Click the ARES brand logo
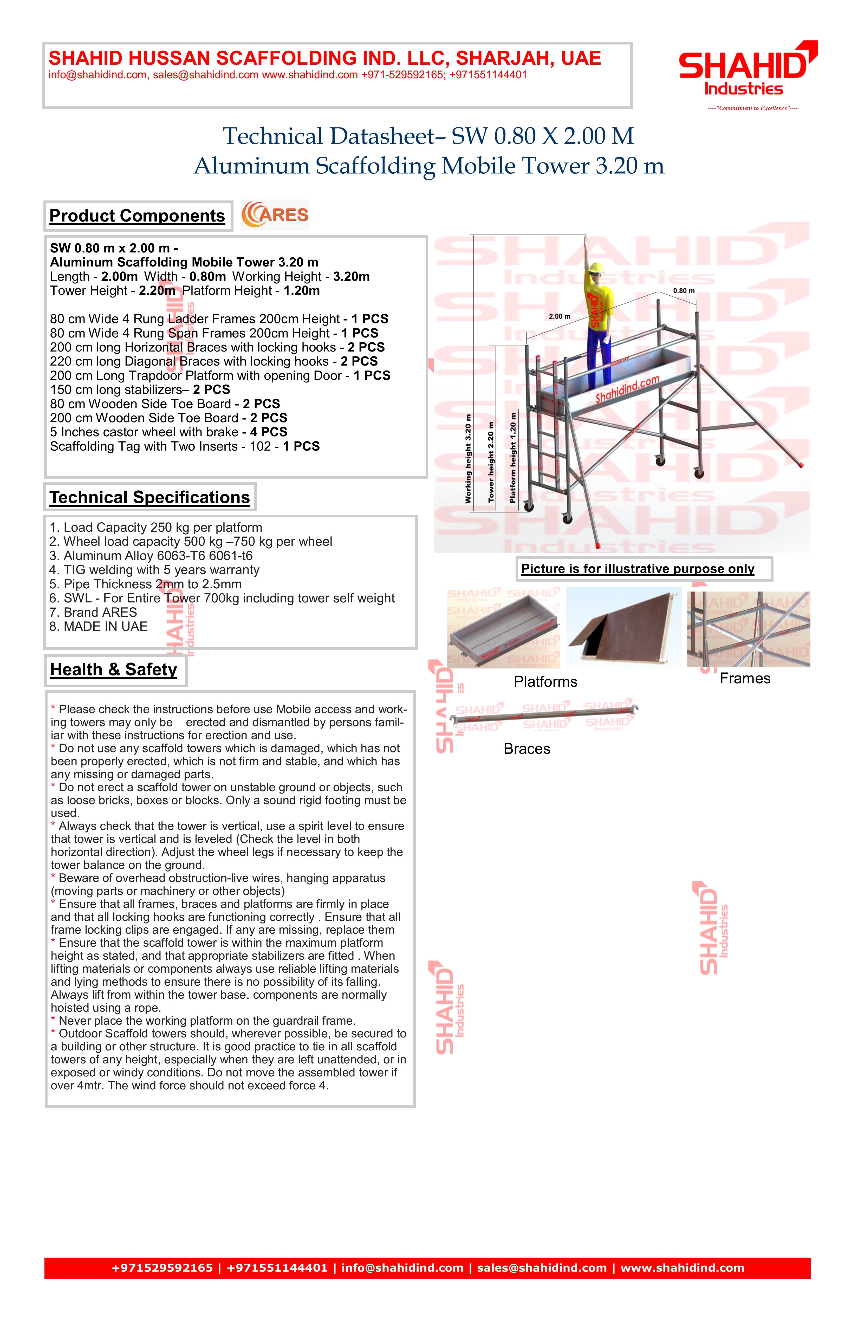(x=275, y=215)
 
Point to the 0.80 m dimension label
(x=684, y=291)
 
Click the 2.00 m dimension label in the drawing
(x=559, y=316)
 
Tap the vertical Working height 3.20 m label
(x=468, y=459)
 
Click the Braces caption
(x=526, y=749)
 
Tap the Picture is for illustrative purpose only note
(x=637, y=569)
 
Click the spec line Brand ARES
(x=93, y=612)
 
